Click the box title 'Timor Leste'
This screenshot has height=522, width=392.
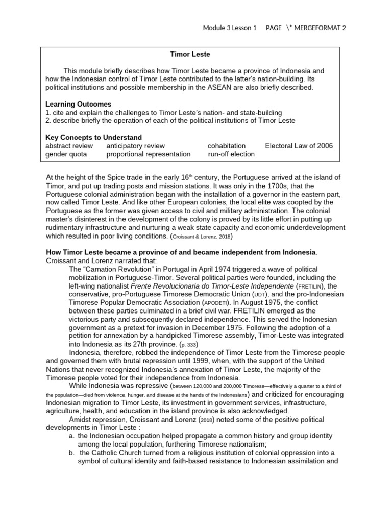tap(190, 54)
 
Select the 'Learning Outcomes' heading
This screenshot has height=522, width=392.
tap(78, 104)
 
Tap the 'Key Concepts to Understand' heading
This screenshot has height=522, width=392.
tap(94, 138)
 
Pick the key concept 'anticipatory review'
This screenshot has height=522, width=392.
tap(135, 146)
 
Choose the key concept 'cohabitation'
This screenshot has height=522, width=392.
tap(227, 146)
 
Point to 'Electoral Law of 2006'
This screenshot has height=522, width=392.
tap(299, 146)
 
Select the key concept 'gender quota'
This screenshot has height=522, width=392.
tap(66, 154)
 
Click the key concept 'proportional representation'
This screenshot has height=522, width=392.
tap(148, 154)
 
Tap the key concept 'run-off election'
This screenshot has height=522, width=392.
tap(231, 154)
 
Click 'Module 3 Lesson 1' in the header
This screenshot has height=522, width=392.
tap(230, 28)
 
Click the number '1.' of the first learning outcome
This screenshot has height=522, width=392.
tap(48, 112)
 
